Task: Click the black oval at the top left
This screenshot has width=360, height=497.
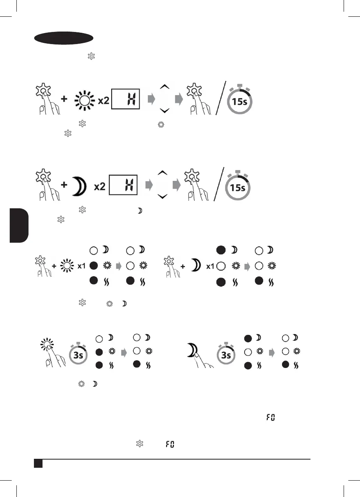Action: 64,38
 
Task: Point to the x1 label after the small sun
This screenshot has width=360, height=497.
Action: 82,266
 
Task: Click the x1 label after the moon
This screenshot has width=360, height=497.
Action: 210,266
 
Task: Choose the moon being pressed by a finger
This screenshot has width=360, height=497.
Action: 192,348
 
